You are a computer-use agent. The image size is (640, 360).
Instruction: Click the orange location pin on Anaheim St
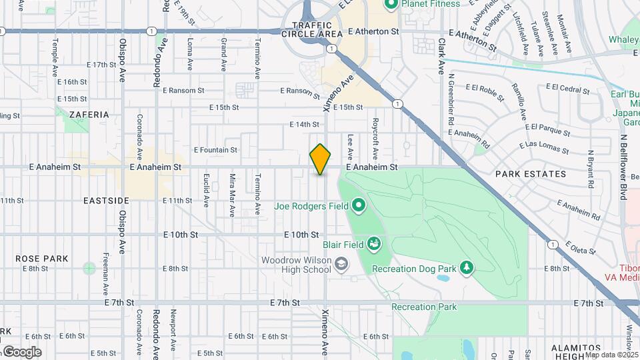point(320,159)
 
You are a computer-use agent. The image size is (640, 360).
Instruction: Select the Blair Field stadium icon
point(374,244)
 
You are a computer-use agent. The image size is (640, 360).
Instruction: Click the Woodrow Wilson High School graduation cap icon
point(341,264)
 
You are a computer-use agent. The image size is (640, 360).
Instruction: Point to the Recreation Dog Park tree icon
point(467,268)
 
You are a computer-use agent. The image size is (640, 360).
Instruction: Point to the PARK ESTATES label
point(531,174)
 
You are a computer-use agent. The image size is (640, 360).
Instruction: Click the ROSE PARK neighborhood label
point(42,258)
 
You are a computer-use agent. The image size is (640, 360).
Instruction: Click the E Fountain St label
point(215,151)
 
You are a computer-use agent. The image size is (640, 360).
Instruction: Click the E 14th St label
point(305,125)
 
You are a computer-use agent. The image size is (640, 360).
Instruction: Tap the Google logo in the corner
point(21,351)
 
